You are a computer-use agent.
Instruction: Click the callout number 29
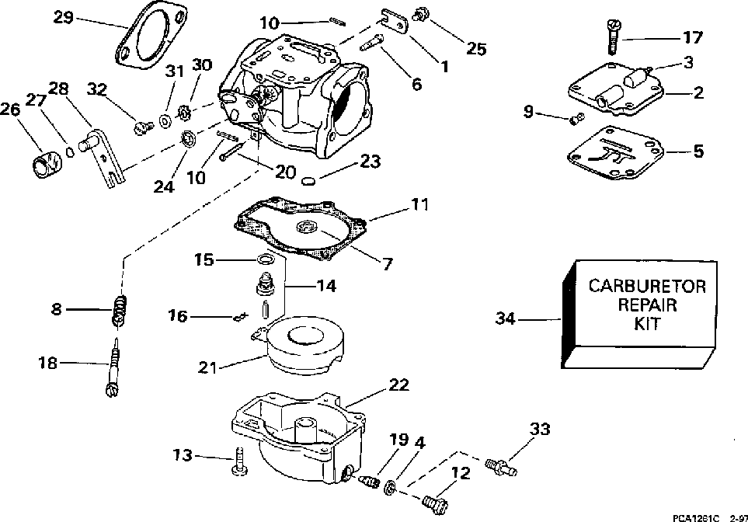pos(63,18)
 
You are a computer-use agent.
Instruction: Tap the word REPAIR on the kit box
pos(647,304)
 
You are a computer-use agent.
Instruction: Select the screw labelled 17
pos(613,37)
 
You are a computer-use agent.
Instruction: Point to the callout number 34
pos(506,318)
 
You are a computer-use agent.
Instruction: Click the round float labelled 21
pos(300,346)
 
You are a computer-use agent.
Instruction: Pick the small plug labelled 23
pos(309,181)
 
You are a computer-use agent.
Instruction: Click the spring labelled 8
pos(120,310)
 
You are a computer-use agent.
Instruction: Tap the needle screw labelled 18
pos(113,367)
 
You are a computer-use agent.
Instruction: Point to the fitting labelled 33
pos(500,466)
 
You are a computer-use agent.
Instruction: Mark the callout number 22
pos(398,385)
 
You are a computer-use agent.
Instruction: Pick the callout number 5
pos(698,151)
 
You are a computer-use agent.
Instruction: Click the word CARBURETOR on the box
pos(647,287)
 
